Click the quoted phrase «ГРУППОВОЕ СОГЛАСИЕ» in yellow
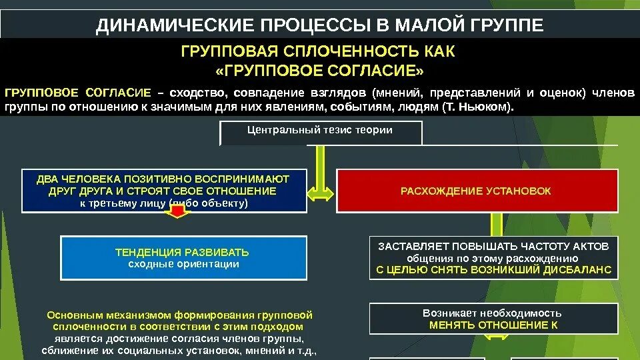click(x=320, y=71)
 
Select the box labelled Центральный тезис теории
click(x=321, y=133)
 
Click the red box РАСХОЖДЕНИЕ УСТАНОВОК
click(x=476, y=191)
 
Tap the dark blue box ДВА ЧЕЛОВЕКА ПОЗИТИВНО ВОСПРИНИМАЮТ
click(x=163, y=191)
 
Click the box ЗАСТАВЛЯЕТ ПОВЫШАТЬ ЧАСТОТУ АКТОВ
click(x=493, y=258)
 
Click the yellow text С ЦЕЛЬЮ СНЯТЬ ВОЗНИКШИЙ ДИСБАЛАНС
click(x=493, y=270)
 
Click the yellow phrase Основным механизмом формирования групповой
click(x=180, y=315)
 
